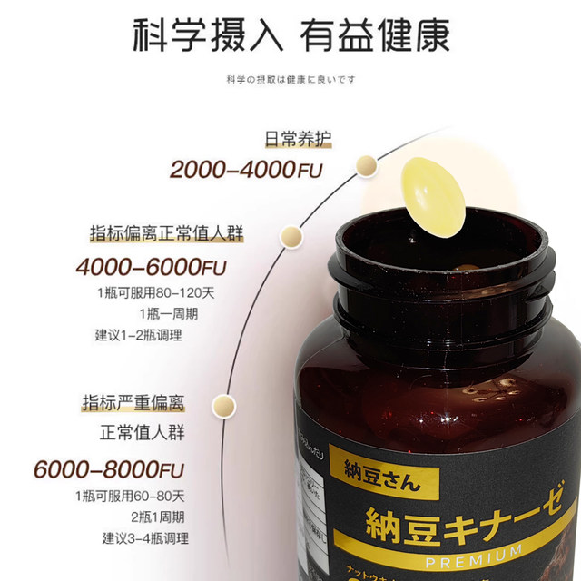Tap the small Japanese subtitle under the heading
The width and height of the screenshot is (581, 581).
tap(290, 79)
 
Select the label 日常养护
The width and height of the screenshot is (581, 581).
tap(298, 141)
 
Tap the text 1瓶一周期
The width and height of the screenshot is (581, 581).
tap(169, 314)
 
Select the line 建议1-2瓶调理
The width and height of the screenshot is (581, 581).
tap(139, 335)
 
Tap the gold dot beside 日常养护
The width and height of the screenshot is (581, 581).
tap(367, 164)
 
